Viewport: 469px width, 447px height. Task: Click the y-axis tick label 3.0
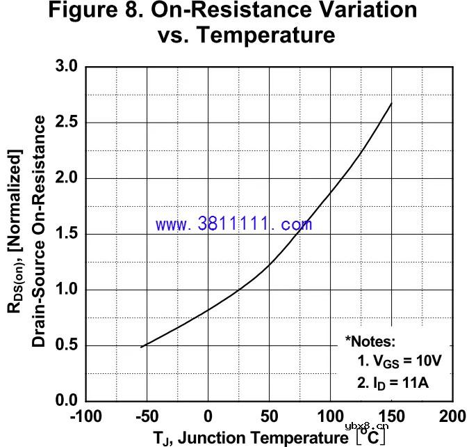click(68, 68)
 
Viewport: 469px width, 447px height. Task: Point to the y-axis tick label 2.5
click(68, 123)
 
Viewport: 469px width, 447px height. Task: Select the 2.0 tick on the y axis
click(68, 179)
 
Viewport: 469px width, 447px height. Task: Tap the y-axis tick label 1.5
click(68, 235)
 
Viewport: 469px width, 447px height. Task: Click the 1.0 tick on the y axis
click(68, 290)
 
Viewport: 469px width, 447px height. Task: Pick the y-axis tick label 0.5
click(68, 346)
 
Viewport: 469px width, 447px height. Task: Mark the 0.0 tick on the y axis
click(68, 402)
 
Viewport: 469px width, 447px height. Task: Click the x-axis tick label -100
click(85, 417)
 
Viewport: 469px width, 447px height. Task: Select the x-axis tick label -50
click(146, 417)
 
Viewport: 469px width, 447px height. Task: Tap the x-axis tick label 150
click(392, 417)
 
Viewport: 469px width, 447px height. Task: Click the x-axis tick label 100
click(331, 417)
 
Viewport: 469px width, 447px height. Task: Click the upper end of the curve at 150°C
click(392, 104)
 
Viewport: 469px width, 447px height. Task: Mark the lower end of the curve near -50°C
click(141, 347)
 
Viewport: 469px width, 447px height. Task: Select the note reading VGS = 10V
click(400, 361)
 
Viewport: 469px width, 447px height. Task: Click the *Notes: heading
click(370, 341)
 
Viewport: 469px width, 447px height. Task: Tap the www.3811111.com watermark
click(233, 224)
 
